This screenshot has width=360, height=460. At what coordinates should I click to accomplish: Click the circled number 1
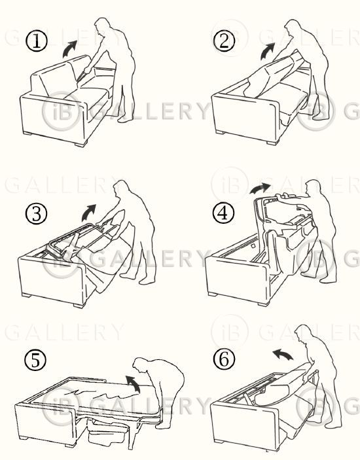pyautogui.click(x=37, y=41)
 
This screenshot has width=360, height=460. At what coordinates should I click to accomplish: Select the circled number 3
pyautogui.click(x=36, y=214)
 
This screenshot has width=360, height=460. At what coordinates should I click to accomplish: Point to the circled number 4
pyautogui.click(x=224, y=213)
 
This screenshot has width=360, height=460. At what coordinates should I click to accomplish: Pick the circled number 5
pyautogui.click(x=35, y=360)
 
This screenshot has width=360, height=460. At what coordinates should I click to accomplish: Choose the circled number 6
pyautogui.click(x=224, y=359)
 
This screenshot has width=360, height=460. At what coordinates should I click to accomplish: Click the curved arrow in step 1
pyautogui.click(x=69, y=49)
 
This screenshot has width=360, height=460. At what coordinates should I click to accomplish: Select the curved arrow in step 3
pyautogui.click(x=88, y=213)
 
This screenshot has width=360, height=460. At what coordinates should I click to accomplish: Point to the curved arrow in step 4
pyautogui.click(x=259, y=188)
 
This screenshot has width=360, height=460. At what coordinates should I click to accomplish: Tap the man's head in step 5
pyautogui.click(x=140, y=365)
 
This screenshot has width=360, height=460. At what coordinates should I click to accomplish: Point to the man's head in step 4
pyautogui.click(x=313, y=188)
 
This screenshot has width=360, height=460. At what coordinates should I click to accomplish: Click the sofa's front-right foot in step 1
pyautogui.click(x=81, y=144)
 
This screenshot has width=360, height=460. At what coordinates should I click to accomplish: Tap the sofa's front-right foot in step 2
pyautogui.click(x=272, y=143)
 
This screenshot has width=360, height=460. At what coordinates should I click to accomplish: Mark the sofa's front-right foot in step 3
pyautogui.click(x=79, y=305)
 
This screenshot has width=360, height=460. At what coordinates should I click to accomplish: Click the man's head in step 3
pyautogui.click(x=122, y=188)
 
